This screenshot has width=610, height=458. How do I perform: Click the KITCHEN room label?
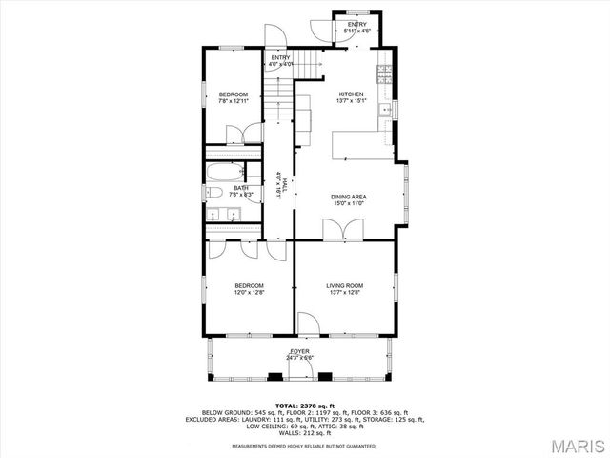click(350, 94)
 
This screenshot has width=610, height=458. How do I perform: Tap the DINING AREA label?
click(349, 197)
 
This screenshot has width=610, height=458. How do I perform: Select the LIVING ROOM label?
click(344, 285)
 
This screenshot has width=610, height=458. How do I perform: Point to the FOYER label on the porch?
click(299, 351)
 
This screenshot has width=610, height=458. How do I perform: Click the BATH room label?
click(241, 188)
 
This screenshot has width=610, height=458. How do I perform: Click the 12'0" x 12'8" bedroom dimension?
click(249, 293)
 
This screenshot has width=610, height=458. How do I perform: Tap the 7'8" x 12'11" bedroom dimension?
click(234, 100)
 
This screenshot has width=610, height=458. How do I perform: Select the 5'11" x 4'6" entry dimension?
click(356, 31)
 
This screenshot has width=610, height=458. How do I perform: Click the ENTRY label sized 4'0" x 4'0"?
click(280, 58)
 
